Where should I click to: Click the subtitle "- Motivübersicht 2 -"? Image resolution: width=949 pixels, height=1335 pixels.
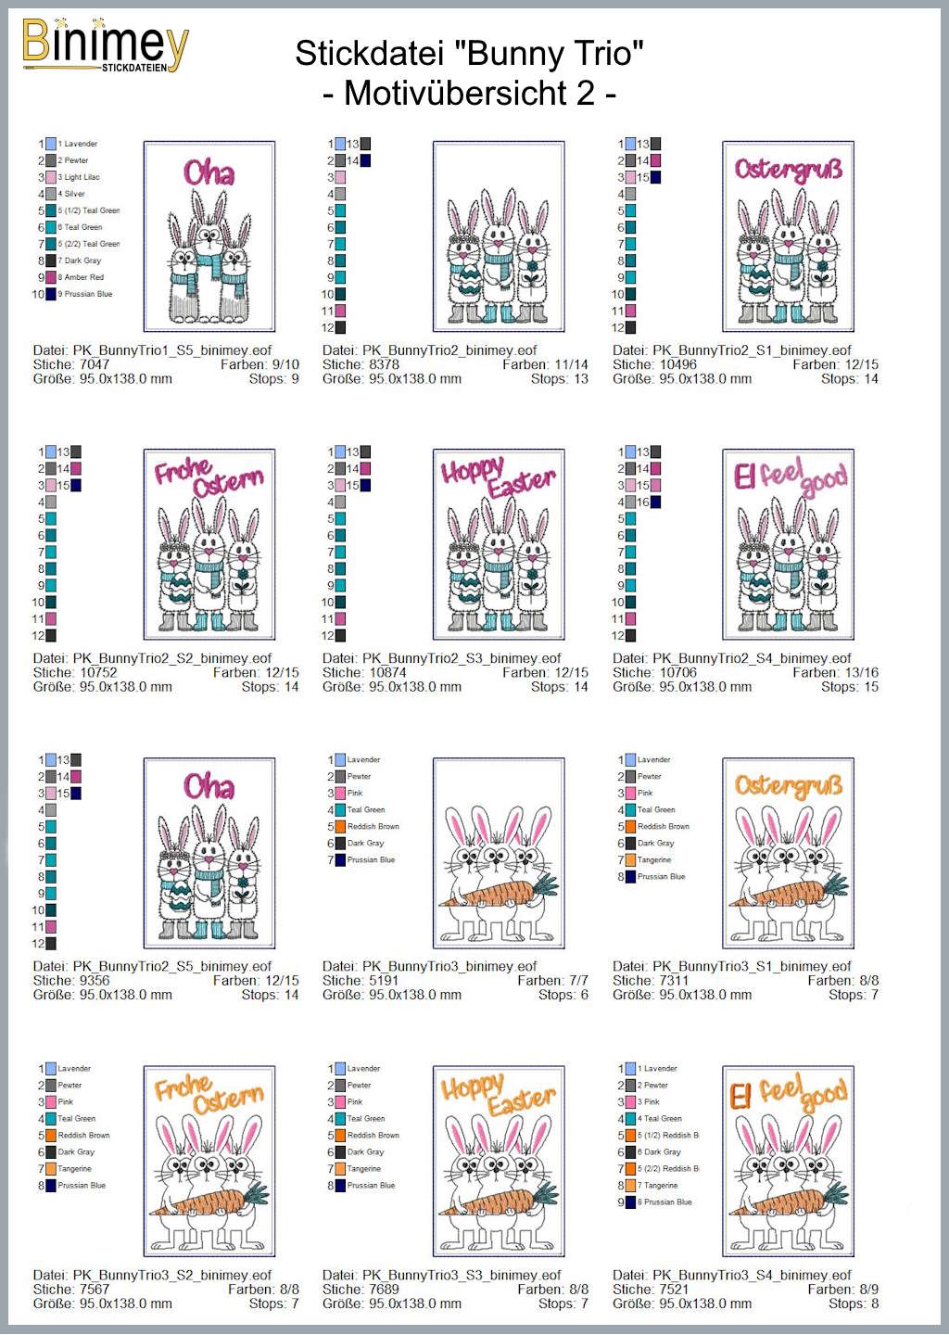469,94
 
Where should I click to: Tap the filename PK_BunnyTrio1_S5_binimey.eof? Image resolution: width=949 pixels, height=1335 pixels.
172,350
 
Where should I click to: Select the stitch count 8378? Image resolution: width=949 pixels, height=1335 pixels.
384,364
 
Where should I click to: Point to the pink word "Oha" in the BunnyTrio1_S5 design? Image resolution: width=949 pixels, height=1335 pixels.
209,172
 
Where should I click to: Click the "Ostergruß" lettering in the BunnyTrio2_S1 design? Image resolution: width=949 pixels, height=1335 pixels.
788,169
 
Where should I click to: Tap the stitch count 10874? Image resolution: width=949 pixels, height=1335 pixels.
387,673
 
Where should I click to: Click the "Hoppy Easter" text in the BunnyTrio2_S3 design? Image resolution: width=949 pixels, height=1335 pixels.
499,477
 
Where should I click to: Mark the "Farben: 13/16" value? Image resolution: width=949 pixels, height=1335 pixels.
835,673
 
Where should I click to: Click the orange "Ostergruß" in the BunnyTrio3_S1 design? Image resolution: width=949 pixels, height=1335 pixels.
788,785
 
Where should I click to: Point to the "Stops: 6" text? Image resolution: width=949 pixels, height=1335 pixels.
563,995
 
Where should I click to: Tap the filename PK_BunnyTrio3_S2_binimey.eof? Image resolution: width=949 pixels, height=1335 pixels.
172,1275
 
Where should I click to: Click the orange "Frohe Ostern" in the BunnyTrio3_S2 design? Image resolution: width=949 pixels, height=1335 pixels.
209,1093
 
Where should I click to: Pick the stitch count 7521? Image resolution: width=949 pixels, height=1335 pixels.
674,1289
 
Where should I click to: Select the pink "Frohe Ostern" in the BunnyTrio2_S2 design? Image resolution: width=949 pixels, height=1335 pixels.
209,477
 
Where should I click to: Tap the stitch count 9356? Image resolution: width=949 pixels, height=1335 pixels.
94,981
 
